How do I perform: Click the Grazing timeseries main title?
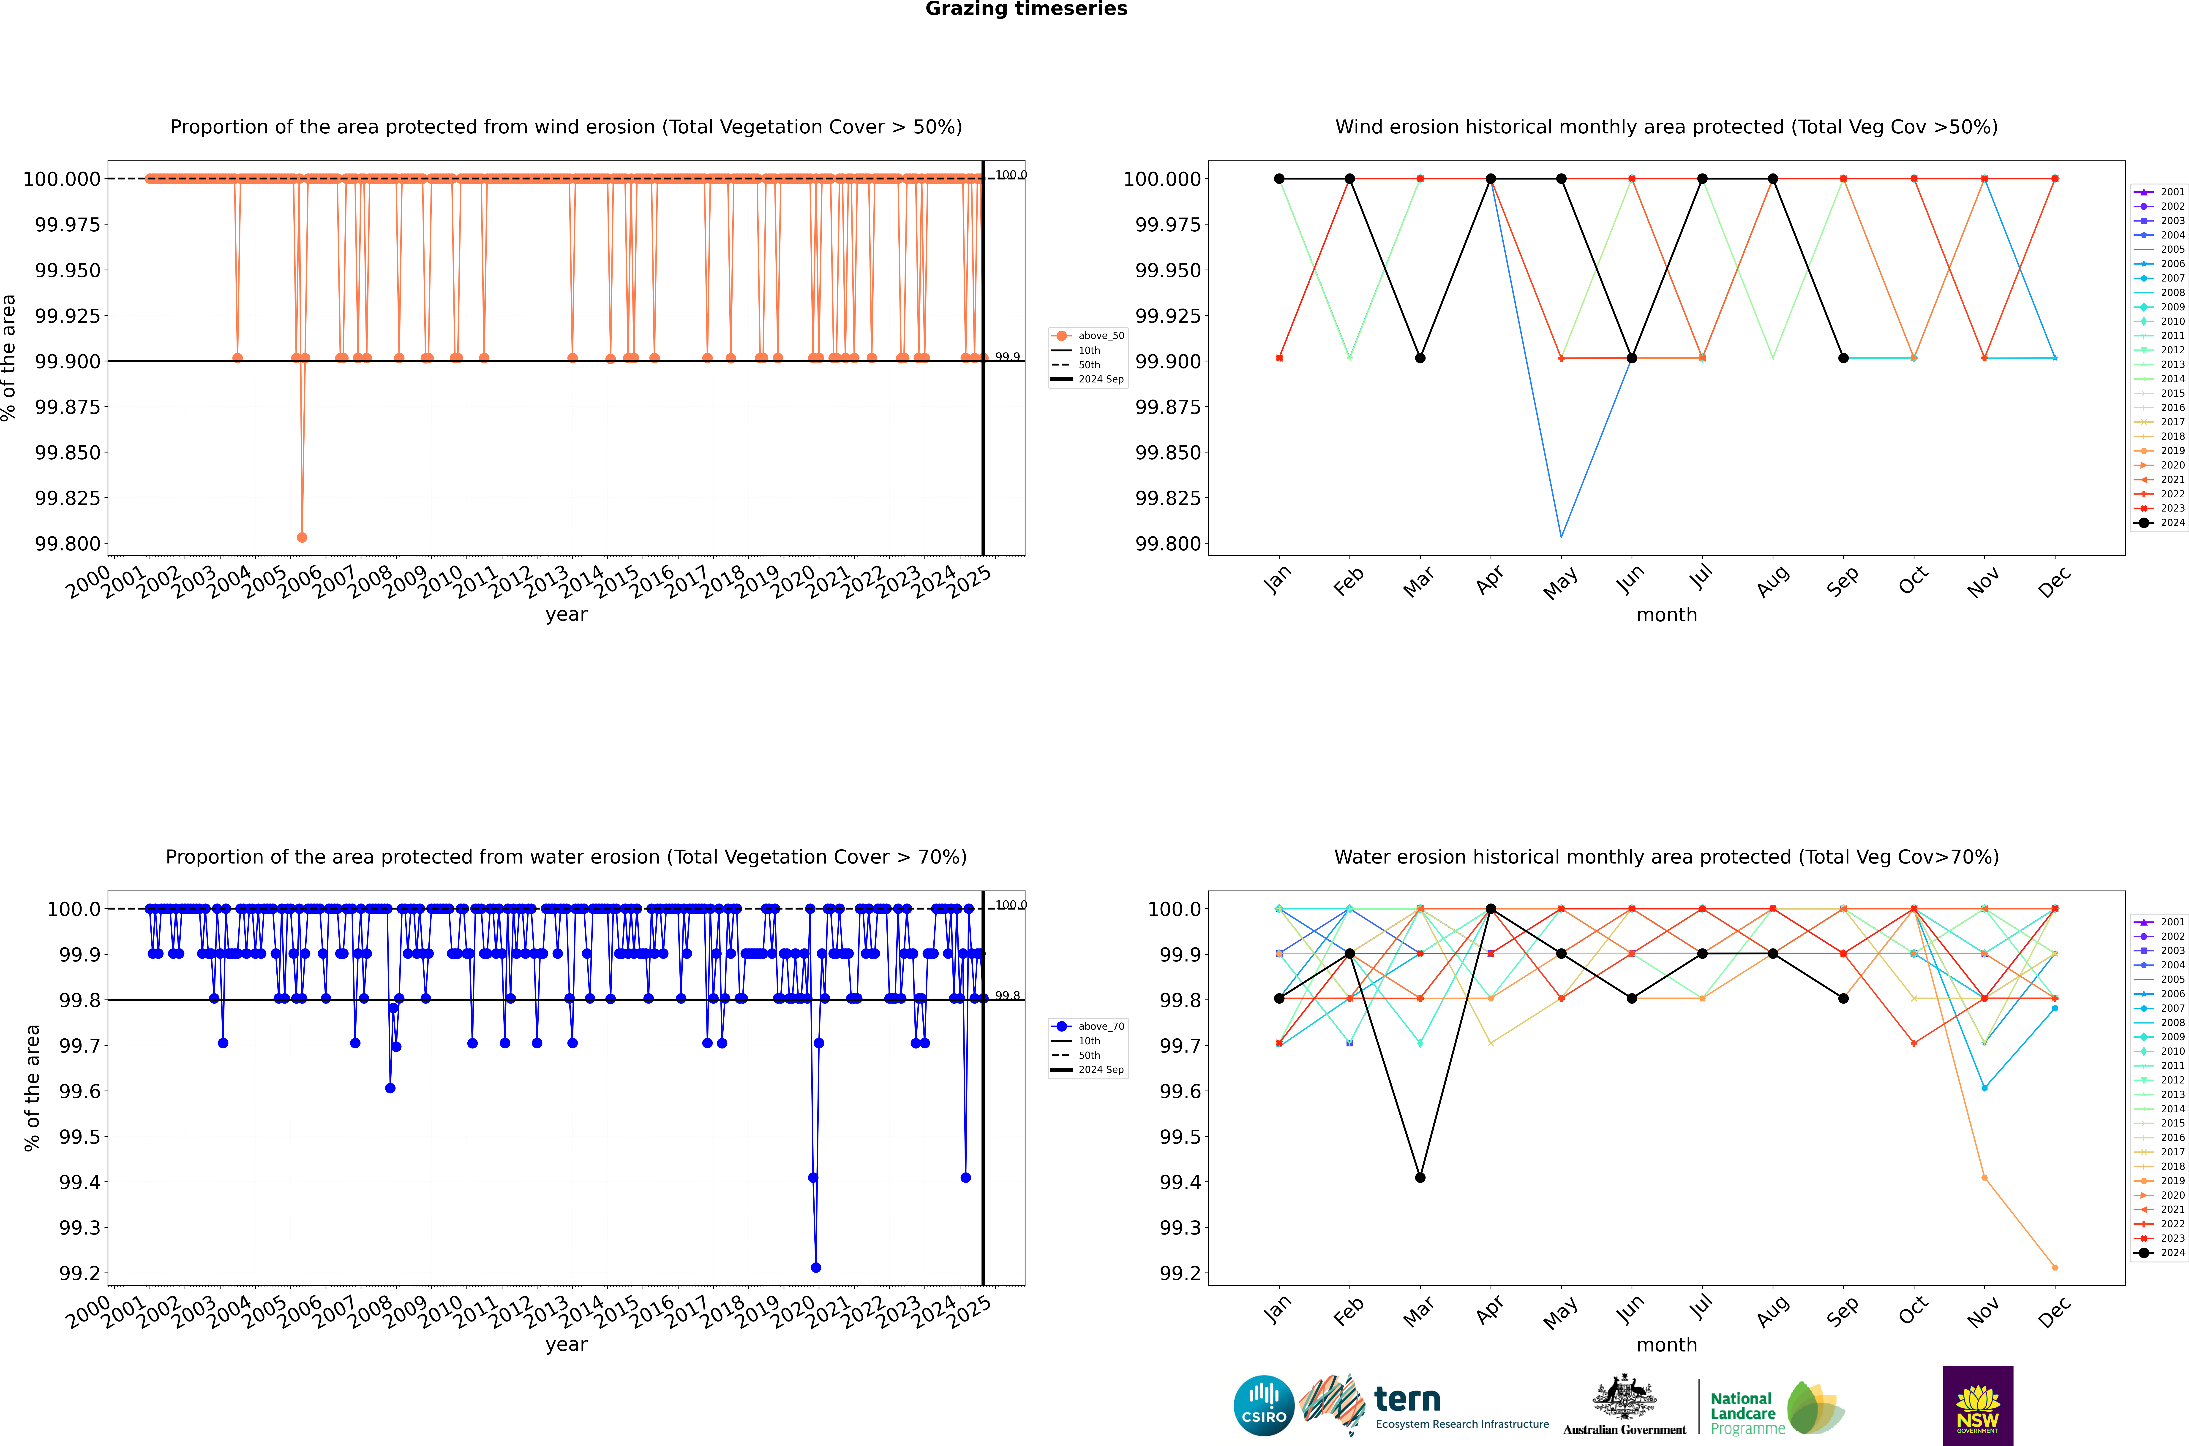(1026, 9)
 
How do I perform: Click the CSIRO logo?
(1264, 1405)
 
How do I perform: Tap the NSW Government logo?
(1978, 1405)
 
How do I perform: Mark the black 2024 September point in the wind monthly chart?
(1843, 358)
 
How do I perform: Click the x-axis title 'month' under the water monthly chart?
(1666, 1345)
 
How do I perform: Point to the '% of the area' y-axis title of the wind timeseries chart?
(9, 358)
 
